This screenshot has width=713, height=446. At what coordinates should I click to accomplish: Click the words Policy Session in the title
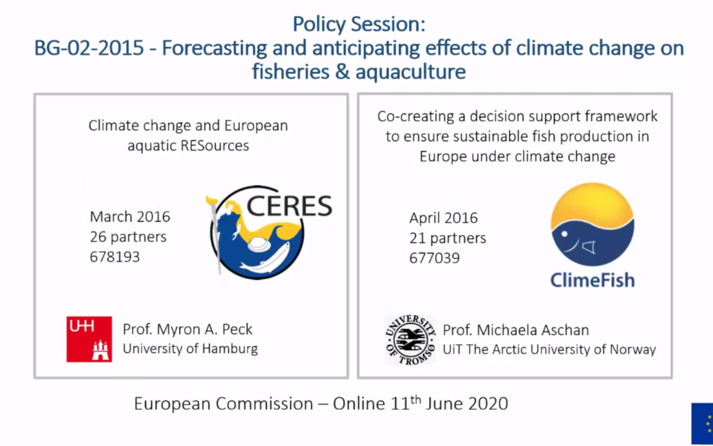(358, 24)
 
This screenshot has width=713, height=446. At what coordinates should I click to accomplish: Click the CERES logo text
(289, 205)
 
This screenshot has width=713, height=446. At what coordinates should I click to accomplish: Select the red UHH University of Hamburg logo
(89, 339)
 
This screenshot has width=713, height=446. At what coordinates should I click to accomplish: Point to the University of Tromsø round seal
(410, 340)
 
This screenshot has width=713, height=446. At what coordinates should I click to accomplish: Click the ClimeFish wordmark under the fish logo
(592, 280)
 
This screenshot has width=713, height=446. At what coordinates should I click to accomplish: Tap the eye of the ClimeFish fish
(564, 235)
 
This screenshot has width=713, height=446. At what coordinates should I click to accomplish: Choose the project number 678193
(115, 256)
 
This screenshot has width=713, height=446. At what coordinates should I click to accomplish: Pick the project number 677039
(434, 258)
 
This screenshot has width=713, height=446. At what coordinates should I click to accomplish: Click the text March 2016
(130, 217)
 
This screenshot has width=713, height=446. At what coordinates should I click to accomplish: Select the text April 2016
(444, 218)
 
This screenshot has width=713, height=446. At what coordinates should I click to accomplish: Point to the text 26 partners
(128, 237)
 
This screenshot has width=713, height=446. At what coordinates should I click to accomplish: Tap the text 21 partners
(448, 238)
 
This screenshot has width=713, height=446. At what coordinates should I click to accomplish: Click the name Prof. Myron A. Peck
(187, 329)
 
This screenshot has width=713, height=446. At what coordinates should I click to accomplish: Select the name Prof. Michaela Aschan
(516, 330)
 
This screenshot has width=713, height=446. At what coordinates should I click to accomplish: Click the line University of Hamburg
(190, 349)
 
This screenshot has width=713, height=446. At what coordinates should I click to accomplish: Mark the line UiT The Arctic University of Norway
(549, 350)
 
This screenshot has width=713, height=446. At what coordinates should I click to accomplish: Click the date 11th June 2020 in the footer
(449, 404)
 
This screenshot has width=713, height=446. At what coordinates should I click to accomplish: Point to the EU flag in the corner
(702, 424)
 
